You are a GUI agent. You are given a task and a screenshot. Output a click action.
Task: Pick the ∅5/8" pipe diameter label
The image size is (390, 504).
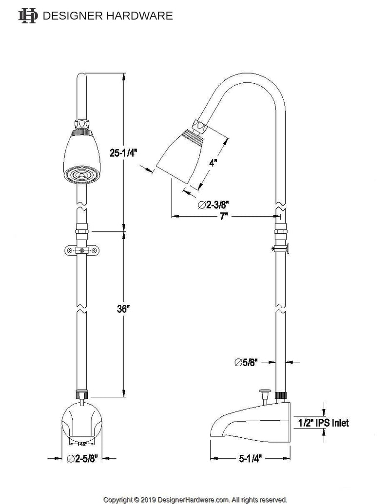point(246,362)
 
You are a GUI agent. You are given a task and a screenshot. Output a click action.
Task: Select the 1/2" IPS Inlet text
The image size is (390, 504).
point(323,423)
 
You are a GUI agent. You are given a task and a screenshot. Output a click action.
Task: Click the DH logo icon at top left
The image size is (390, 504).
point(27,16)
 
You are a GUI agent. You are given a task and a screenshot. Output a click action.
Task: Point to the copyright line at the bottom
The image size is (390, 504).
point(195,500)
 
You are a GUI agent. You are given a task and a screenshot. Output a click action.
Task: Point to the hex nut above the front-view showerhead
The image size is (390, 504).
point(82,123)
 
